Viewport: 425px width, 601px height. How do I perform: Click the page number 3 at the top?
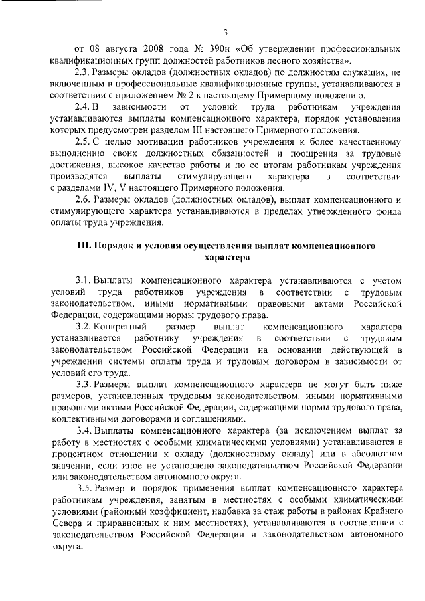point(225,31)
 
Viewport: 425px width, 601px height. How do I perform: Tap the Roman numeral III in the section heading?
point(86,244)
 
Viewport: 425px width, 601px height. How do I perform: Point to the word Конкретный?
point(120,327)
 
